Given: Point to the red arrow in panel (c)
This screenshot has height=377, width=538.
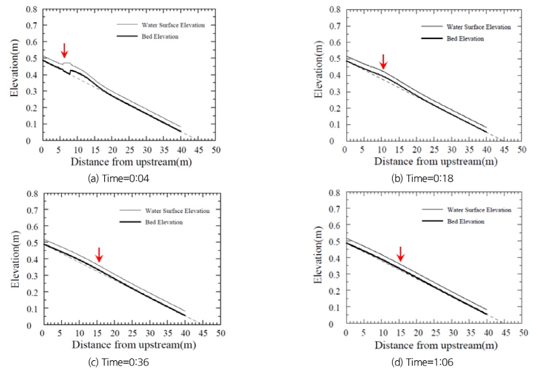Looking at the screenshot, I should pos(99,254).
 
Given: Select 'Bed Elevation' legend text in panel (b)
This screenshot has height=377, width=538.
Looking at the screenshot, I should pos(463,39).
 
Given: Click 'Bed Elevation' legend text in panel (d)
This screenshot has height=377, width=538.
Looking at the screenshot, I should pos(463,222).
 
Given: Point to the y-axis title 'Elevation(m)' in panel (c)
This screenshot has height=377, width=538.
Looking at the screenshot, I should pos(15,260).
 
